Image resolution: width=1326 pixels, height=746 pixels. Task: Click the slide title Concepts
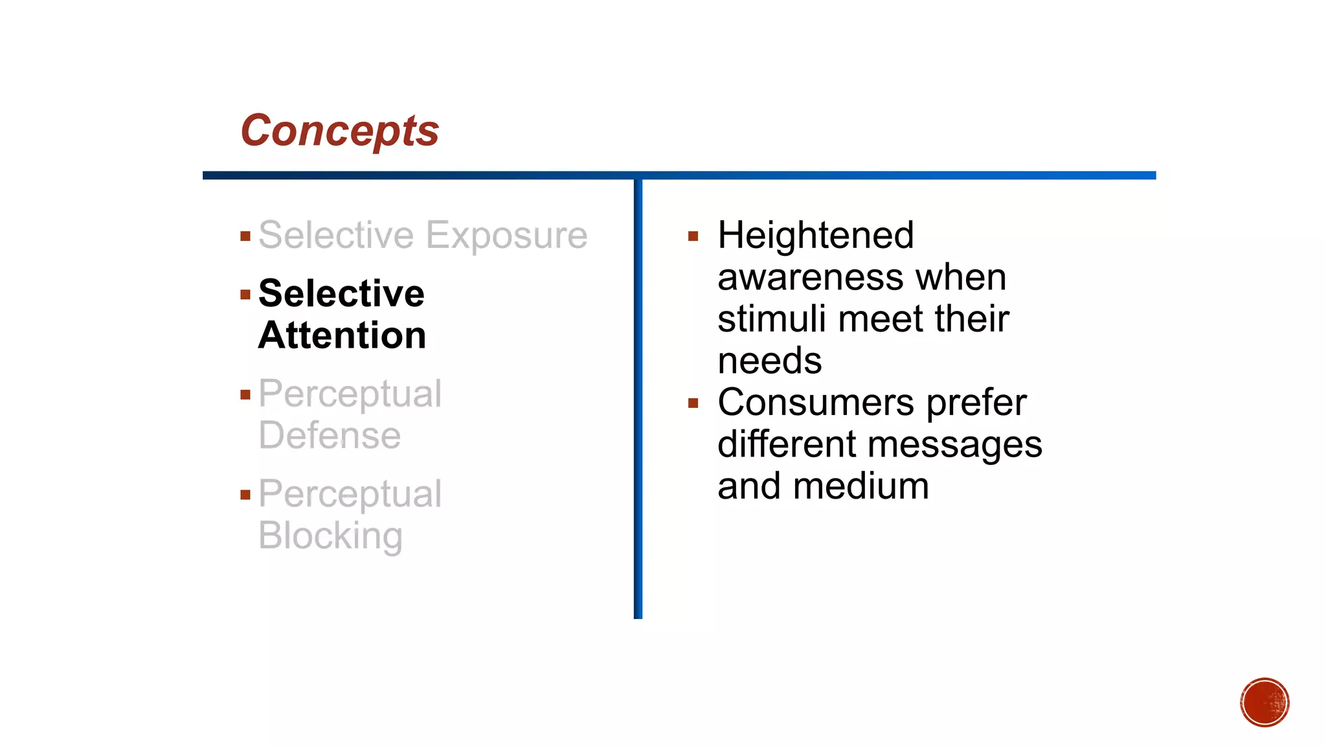click(x=340, y=131)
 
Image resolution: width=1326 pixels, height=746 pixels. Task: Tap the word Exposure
click(x=506, y=236)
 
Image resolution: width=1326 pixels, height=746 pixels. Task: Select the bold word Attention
click(x=342, y=335)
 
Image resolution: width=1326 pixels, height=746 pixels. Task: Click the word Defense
click(x=330, y=435)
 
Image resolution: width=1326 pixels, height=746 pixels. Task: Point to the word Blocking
click(x=330, y=536)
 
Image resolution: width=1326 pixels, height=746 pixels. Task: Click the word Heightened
click(x=816, y=235)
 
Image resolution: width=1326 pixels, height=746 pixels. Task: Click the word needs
click(x=770, y=361)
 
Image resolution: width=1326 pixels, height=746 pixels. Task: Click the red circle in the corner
click(x=1264, y=703)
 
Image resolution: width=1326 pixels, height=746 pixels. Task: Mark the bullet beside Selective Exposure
click(x=245, y=236)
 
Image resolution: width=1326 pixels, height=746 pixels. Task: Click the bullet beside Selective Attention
click(x=245, y=295)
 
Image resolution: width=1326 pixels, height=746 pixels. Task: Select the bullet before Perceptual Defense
click(x=245, y=395)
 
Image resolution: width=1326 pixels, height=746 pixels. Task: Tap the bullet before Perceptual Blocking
click(x=245, y=495)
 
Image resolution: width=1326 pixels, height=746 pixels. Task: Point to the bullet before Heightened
click(x=693, y=236)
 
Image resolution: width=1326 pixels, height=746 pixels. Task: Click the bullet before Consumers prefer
click(x=693, y=403)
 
